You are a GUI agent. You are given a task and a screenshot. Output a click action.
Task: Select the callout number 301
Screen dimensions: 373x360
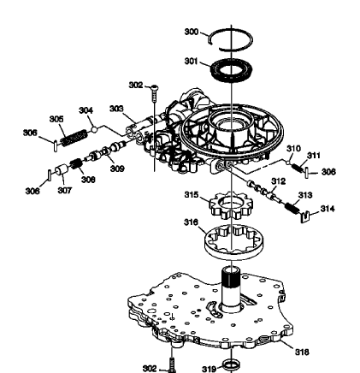191,62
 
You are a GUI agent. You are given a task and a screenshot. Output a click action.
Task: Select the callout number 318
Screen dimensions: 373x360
303,351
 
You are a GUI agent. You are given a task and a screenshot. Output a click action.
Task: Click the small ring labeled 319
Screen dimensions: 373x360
229,366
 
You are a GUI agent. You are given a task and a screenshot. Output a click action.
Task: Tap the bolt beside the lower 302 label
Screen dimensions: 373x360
172,363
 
